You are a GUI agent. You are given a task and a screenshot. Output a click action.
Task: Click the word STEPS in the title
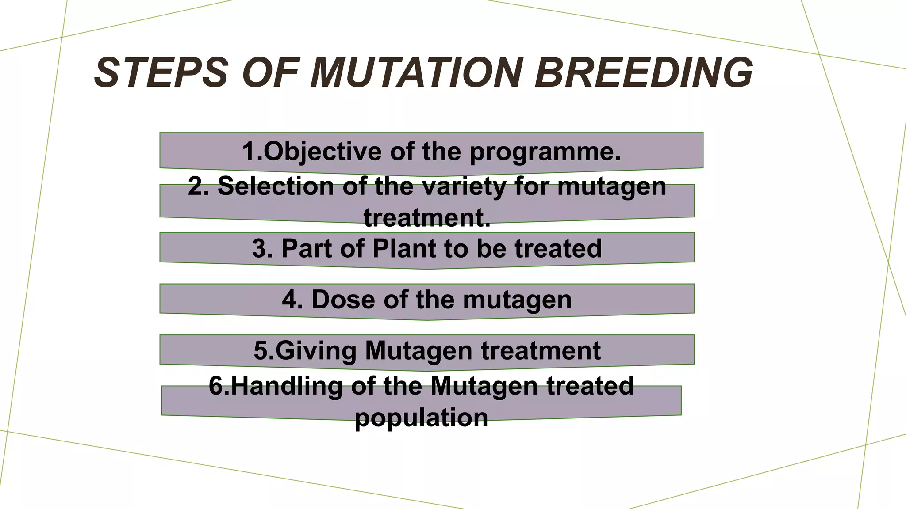161,73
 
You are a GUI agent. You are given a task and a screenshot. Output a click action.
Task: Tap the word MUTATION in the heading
416,73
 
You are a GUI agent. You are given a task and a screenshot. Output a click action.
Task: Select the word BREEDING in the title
644,73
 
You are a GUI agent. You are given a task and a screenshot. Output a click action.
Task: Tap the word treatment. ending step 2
427,218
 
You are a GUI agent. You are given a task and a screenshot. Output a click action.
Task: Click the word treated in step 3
558,248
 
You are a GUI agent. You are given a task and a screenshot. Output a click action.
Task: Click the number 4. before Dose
292,300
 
